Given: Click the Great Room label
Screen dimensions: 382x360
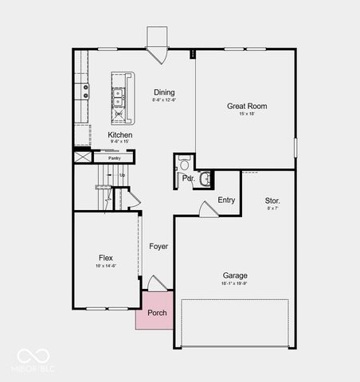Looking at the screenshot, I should coord(246,106).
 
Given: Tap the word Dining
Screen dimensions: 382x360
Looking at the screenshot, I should coord(164,93).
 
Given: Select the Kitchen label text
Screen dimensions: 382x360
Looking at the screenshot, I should coord(120,135).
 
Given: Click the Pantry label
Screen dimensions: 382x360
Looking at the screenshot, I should coord(115,158).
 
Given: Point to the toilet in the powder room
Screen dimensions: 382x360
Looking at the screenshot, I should coord(184,166).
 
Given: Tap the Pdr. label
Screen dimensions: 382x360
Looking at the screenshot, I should coord(188,179).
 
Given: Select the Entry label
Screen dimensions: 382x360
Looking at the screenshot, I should coord(226,200).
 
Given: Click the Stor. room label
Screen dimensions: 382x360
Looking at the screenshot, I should coord(272,201).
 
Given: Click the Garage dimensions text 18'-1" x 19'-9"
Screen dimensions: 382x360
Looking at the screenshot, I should coord(235,283).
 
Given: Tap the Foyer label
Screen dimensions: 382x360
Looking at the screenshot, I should coord(158,247).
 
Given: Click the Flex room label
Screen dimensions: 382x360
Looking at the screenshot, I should coord(106,258).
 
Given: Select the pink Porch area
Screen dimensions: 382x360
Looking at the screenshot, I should coord(158,312).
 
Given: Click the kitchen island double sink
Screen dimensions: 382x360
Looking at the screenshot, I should coord(118,97).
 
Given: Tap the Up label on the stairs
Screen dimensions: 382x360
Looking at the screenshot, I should coord(122,175).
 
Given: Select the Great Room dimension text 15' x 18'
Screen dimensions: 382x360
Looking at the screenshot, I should coord(246,115).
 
